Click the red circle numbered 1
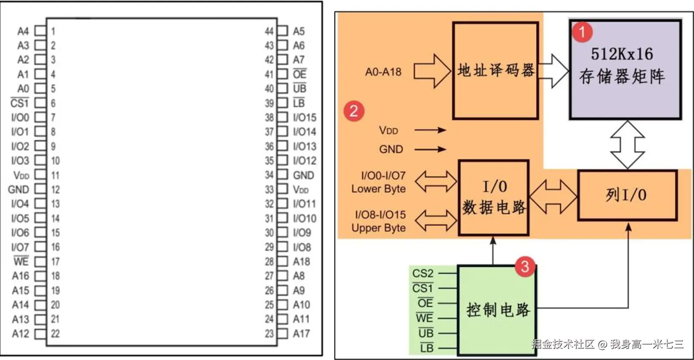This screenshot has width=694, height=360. point(582,32)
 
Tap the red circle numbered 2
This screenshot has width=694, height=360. point(354,111)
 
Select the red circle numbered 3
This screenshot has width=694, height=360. point(525,266)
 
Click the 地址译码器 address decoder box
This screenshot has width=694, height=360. point(495,71)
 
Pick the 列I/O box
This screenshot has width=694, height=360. point(627,195)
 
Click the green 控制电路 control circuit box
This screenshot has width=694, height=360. point(497,310)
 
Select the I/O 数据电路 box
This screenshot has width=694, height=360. point(494,198)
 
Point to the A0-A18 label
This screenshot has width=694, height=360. point(383,72)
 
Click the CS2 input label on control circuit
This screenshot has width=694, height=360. point(422,273)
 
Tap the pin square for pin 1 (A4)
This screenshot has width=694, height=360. point(40,31)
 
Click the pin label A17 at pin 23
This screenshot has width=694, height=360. point(301,334)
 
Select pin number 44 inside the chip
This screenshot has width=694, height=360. point(269,31)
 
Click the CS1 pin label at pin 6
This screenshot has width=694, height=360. point(19,103)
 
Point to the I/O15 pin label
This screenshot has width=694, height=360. point(305,117)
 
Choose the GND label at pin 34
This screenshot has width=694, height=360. point(303,175)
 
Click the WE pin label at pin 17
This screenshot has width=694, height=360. point(21,261)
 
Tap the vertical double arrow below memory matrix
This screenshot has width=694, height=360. point(627,145)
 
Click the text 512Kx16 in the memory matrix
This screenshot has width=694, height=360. point(622,54)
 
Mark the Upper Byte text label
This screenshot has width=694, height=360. point(378,228)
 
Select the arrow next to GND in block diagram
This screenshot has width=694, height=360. point(430,149)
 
